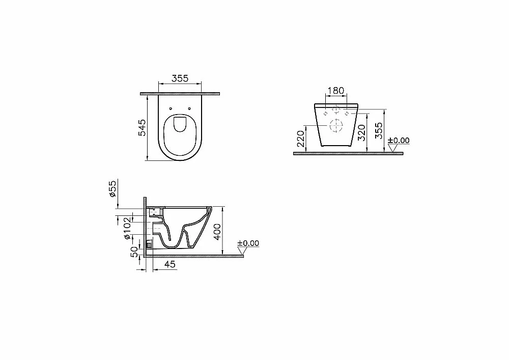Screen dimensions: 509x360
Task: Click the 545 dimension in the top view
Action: pyautogui.click(x=143, y=127)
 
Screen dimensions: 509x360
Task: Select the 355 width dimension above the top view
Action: pyautogui.click(x=180, y=78)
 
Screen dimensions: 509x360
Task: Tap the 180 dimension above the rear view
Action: pyautogui.click(x=335, y=91)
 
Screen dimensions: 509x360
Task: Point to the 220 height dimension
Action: pyautogui.click(x=301, y=139)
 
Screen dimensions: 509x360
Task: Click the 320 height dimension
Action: pyautogui.click(x=361, y=132)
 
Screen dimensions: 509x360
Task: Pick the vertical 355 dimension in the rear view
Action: pyautogui.click(x=379, y=130)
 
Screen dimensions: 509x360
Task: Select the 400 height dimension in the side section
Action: pyautogui.click(x=217, y=232)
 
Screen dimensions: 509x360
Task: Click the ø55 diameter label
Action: pyautogui.click(x=112, y=189)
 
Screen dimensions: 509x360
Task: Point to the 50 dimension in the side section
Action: pyautogui.click(x=134, y=252)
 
